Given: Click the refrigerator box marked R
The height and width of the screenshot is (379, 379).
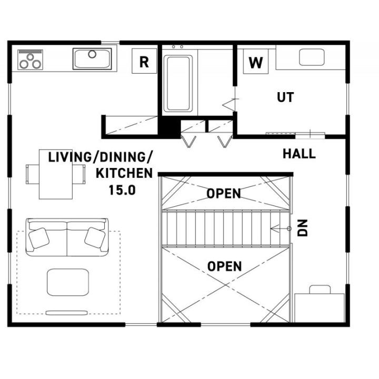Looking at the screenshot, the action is [x=144, y=61].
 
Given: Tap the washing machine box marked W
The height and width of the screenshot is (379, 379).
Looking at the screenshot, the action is [x=255, y=62].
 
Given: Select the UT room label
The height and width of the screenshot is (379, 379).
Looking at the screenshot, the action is [x=285, y=97].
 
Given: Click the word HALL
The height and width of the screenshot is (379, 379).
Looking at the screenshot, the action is [x=299, y=154].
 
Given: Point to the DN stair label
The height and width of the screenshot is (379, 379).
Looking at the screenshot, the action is [x=302, y=228].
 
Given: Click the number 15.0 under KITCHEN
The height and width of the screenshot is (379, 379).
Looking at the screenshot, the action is [x=122, y=190].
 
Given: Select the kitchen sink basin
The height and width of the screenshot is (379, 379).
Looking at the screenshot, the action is [x=92, y=59].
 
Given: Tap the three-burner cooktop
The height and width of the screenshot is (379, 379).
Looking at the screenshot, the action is [x=30, y=59].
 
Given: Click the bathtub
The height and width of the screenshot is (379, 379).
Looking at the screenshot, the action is [x=178, y=84].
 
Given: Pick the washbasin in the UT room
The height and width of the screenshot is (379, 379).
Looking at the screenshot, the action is [x=312, y=57].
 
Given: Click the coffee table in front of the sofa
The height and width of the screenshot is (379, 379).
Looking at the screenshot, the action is [x=68, y=282].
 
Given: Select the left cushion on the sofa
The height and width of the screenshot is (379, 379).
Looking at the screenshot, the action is [x=38, y=238].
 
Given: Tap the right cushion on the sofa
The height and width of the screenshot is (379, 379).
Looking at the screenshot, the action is [x=95, y=238].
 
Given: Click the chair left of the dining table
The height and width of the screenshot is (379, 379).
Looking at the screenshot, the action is [x=33, y=174].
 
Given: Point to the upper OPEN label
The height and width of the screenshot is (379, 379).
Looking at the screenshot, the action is [x=224, y=193].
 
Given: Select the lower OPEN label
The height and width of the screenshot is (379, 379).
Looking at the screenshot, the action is [x=225, y=266].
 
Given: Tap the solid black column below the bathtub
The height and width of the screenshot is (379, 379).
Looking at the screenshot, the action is [x=169, y=127].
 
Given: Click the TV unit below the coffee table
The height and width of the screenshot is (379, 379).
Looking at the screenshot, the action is [x=66, y=313].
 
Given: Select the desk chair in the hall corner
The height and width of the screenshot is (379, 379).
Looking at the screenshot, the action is [x=320, y=290].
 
